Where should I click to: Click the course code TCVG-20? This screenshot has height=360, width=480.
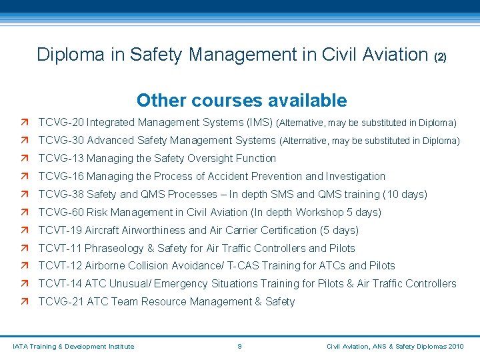click(x=61, y=123)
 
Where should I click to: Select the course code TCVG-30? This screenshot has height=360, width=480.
click(x=61, y=141)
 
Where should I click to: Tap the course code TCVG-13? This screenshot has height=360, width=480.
click(x=61, y=159)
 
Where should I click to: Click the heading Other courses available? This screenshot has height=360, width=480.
click(x=241, y=101)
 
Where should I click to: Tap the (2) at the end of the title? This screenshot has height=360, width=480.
click(x=440, y=57)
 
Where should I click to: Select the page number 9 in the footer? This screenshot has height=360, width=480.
click(x=239, y=346)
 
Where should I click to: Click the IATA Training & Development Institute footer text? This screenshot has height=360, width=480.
click(x=74, y=346)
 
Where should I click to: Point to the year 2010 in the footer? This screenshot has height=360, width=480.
click(x=457, y=346)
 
